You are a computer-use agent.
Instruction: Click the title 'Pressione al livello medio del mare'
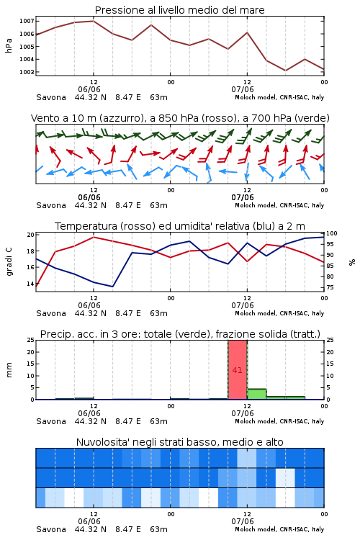coord(179,10)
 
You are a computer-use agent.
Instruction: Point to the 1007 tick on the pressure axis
coord(27,21)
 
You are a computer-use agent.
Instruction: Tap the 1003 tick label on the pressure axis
coord(27,72)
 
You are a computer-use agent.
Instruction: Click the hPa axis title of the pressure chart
coord(9,45)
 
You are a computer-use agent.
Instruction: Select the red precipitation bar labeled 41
coord(238,370)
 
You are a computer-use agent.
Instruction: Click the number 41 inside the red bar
coord(238,370)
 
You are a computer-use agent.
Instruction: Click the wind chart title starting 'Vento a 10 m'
coord(180,118)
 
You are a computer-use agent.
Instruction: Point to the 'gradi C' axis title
coord(9,262)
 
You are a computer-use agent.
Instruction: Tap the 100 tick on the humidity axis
coord(332,233)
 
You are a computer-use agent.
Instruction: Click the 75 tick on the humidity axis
coord(330,287)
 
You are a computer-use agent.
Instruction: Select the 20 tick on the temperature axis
coord(31,235)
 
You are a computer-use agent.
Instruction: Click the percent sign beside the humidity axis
coord(352,262)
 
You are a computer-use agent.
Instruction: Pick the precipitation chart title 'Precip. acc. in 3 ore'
coord(180,334)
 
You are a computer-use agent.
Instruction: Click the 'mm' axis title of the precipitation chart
coord(9,370)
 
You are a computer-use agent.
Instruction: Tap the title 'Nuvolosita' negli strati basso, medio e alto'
coord(179,442)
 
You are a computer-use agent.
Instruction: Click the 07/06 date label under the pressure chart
coord(243,89)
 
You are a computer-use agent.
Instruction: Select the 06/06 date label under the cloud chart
coord(89,521)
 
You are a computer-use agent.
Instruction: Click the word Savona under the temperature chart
coord(51,313)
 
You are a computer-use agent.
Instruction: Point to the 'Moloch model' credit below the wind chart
coord(256,205)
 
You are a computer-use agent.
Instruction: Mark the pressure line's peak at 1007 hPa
coord(94,21)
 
